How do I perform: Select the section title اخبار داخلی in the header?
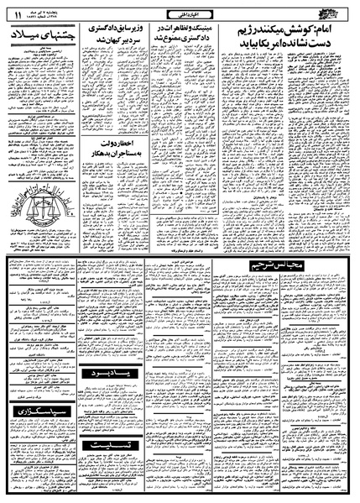180,12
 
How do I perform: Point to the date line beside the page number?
41,12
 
